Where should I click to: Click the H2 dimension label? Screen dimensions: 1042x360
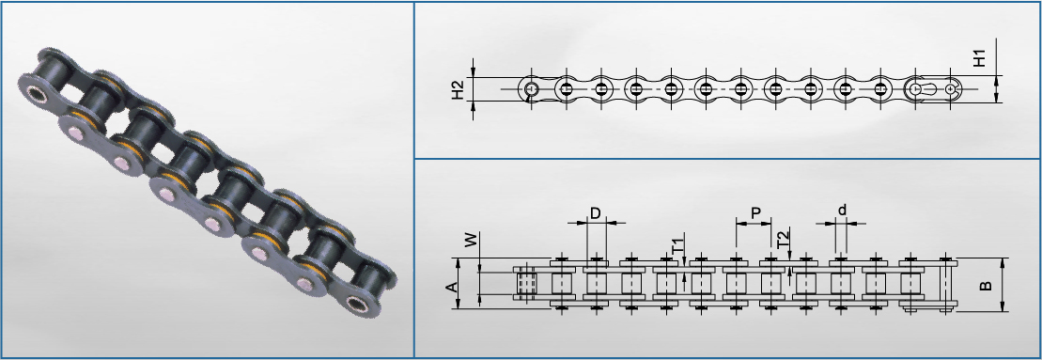458,89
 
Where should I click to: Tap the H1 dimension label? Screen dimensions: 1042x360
980,57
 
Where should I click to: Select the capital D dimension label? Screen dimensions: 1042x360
596,213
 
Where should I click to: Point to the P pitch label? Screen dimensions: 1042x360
755,213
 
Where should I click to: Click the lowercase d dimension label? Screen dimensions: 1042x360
843,211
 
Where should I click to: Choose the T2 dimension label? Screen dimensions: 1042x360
784,238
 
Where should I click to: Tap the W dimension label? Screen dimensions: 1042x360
471,240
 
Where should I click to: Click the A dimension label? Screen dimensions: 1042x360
451,287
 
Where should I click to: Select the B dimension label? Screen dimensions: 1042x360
986,285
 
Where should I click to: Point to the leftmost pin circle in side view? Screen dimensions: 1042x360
531,88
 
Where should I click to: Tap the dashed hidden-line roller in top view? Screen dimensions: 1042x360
526,284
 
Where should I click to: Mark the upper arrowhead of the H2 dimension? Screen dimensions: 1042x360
474,73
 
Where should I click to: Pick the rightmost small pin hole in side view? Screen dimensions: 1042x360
954,87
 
